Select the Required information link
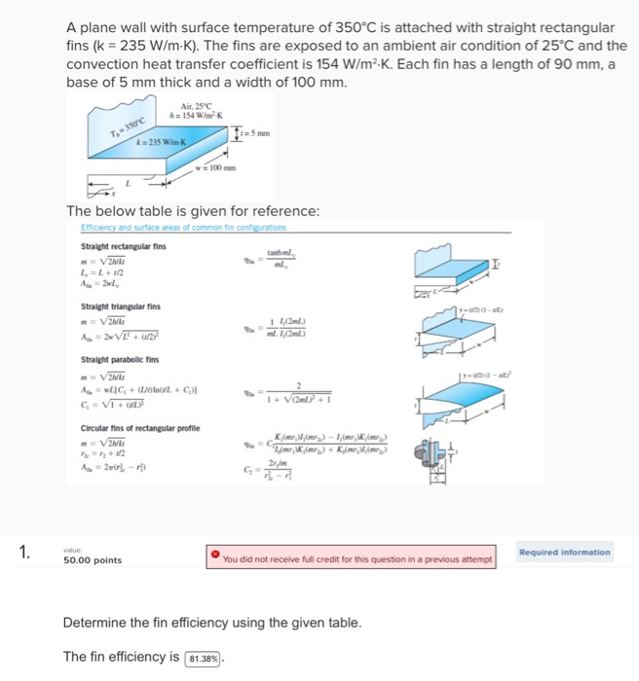(565, 552)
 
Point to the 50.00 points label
(93, 560)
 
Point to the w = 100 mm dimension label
(217, 165)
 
